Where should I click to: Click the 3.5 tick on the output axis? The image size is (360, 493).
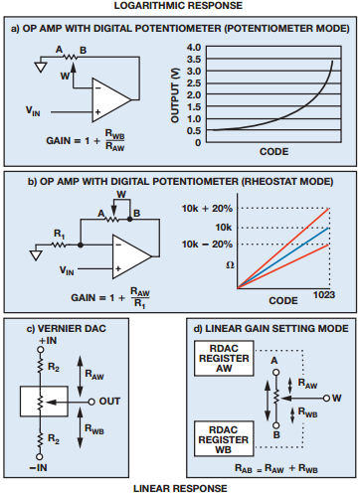(x=194, y=60)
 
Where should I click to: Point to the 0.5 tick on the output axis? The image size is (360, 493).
(x=194, y=131)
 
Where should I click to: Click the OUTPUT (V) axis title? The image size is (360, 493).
(x=175, y=95)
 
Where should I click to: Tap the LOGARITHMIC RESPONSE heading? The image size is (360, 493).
(x=178, y=6)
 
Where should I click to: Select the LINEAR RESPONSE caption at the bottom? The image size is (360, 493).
(x=180, y=488)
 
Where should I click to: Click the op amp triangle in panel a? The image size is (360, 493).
(x=111, y=99)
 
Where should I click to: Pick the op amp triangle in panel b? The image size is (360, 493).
(x=131, y=256)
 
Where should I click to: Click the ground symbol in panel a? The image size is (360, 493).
(x=41, y=68)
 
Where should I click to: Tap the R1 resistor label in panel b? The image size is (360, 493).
(x=60, y=235)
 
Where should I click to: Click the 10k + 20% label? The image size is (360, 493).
(x=207, y=209)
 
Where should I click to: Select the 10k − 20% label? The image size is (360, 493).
(x=207, y=245)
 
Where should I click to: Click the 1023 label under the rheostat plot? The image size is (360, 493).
(x=324, y=295)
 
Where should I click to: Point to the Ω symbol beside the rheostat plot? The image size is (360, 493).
(x=230, y=265)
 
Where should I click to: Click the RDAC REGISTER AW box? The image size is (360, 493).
(x=224, y=358)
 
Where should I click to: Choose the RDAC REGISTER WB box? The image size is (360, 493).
(x=224, y=439)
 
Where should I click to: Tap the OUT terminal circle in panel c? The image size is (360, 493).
(x=91, y=402)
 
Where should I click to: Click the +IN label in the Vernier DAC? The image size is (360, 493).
(x=48, y=341)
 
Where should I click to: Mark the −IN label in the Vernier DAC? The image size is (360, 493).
(x=39, y=468)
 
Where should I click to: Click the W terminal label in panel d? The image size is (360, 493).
(x=337, y=398)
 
